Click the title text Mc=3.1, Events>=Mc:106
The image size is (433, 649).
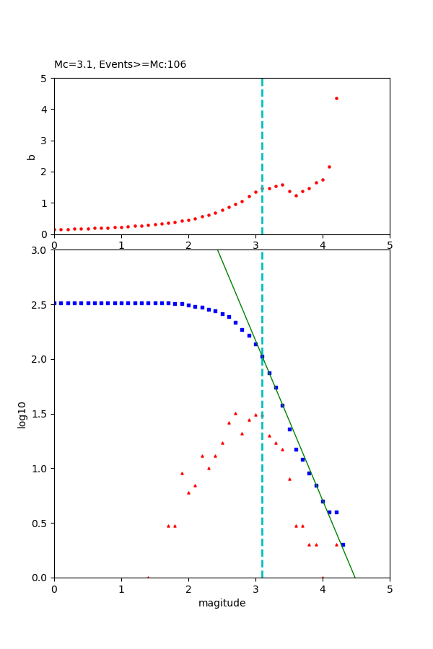(x=120, y=65)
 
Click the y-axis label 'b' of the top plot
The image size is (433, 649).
(x=31, y=156)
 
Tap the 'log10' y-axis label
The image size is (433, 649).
(x=22, y=415)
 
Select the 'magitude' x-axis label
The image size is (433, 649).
(x=222, y=603)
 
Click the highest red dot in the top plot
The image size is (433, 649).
(x=336, y=98)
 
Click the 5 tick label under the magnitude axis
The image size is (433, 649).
(x=390, y=588)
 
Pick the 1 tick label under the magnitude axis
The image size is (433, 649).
(x=121, y=588)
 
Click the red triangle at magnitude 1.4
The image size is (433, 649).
(x=148, y=577)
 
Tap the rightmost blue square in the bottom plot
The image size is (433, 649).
(x=343, y=544)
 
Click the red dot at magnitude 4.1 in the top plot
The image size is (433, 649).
(x=329, y=167)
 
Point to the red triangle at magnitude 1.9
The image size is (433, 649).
(x=182, y=473)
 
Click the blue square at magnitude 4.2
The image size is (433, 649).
(x=336, y=512)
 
